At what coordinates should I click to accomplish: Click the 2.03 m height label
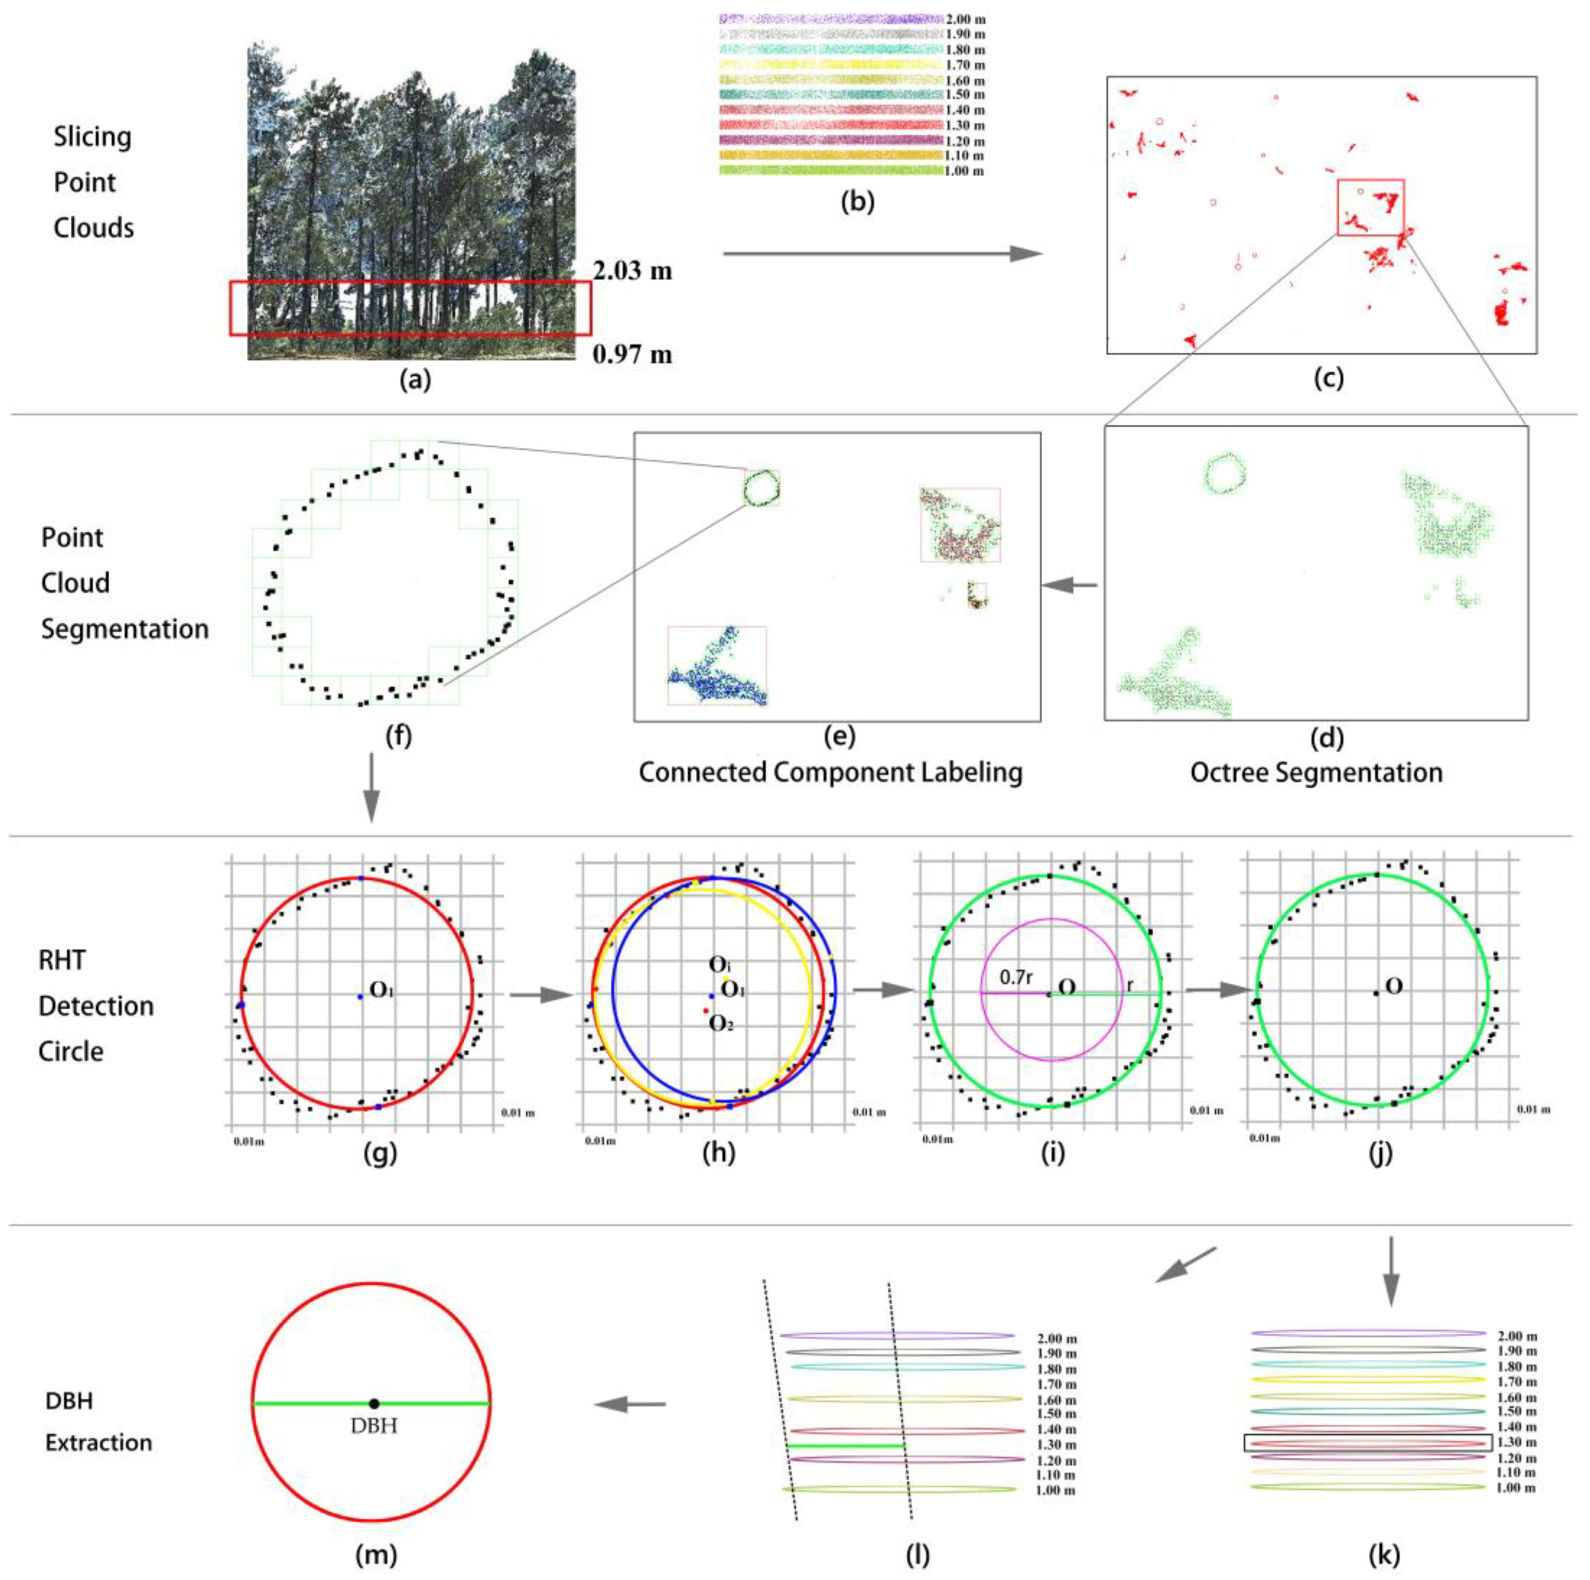click(632, 270)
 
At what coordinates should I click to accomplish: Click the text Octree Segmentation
click(1316, 772)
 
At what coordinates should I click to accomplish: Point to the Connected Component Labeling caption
click(831, 772)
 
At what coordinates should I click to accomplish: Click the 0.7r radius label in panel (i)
click(1016, 977)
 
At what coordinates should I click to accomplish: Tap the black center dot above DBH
click(373, 1403)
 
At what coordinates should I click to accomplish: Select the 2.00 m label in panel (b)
click(965, 18)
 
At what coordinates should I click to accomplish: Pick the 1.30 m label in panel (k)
click(1518, 1442)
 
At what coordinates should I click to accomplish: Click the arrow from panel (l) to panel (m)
click(630, 1404)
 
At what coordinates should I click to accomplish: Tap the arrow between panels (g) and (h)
click(540, 995)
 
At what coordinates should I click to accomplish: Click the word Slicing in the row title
click(92, 136)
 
